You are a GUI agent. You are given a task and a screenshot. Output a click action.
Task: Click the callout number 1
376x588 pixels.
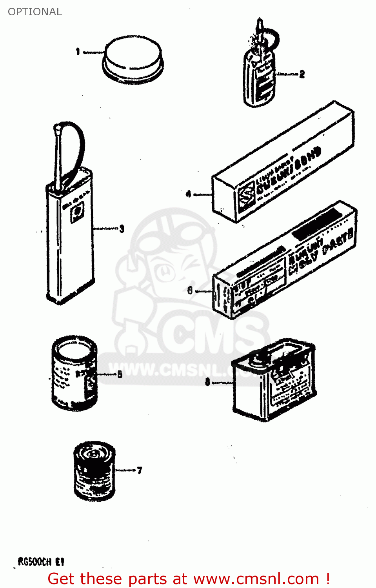point(78,51)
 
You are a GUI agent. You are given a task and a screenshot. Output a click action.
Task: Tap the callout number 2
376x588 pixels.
point(302,74)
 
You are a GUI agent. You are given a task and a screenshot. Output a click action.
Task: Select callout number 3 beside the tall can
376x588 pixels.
point(122,229)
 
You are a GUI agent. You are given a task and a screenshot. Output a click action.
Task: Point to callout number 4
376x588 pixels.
point(189,194)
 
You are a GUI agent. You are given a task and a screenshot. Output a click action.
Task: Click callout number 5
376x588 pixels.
point(120,374)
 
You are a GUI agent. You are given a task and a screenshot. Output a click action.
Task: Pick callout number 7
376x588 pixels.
point(140,470)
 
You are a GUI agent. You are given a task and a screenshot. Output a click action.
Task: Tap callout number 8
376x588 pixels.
point(207,381)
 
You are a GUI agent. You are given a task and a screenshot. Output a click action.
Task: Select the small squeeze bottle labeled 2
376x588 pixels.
point(259,78)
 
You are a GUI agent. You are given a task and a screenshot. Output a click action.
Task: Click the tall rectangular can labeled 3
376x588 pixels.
point(71,235)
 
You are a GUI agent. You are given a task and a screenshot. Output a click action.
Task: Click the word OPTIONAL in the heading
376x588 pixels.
point(35,12)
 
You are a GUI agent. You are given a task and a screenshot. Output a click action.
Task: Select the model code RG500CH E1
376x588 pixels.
point(41,562)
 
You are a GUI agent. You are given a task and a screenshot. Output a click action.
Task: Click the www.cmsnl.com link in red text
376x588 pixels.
point(256,579)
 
